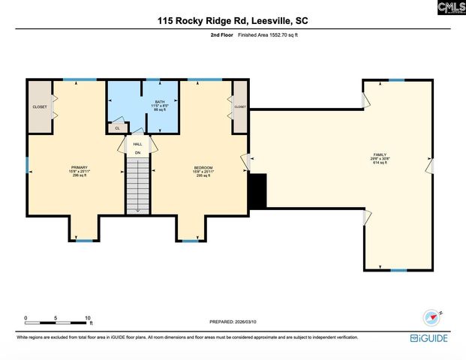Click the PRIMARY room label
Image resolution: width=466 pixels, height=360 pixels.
click(x=80, y=170)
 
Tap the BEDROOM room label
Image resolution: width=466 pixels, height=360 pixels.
click(x=203, y=170)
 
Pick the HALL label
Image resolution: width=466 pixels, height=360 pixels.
click(x=137, y=144)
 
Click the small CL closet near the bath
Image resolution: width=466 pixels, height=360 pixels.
click(x=117, y=128)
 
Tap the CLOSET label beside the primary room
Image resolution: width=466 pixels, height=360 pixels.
click(x=39, y=107)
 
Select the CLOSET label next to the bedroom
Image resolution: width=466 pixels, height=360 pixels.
click(x=240, y=107)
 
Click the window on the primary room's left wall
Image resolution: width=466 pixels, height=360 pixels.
click(x=28, y=163)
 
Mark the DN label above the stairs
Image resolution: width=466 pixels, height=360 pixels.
click(x=137, y=153)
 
